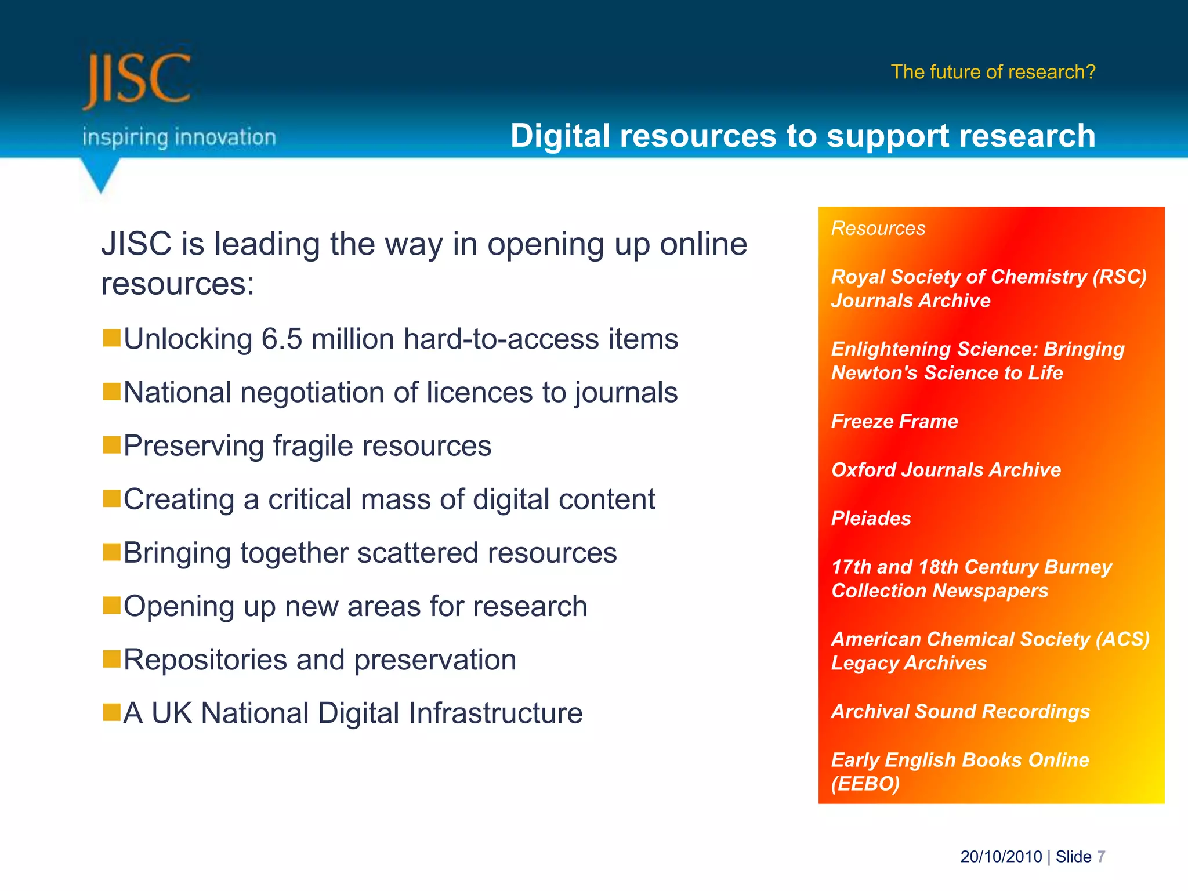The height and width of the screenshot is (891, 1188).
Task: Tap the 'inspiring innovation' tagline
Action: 179,137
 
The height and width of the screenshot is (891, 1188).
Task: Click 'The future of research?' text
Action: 993,72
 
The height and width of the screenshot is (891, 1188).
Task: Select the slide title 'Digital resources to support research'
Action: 802,136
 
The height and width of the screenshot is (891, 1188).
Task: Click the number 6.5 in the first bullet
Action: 282,339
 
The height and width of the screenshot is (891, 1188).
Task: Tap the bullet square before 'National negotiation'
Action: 111,392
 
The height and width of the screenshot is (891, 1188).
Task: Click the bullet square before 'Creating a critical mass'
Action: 111,498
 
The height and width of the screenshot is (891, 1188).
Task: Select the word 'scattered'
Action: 417,553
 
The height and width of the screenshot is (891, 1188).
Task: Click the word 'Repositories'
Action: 205,660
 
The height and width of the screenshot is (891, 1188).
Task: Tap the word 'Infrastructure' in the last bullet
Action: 496,713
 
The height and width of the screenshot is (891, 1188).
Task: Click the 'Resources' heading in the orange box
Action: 878,229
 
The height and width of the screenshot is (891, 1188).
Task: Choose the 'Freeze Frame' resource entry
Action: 894,421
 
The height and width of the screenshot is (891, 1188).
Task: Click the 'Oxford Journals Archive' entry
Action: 946,470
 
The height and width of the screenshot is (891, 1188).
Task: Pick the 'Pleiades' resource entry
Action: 871,518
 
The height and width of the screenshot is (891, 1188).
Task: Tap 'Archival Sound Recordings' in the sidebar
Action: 960,712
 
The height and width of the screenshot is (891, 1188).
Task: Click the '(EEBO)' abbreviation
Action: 865,784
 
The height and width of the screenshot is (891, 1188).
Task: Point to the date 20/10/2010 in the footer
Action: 1001,857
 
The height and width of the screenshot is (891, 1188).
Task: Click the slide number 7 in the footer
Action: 1101,857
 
